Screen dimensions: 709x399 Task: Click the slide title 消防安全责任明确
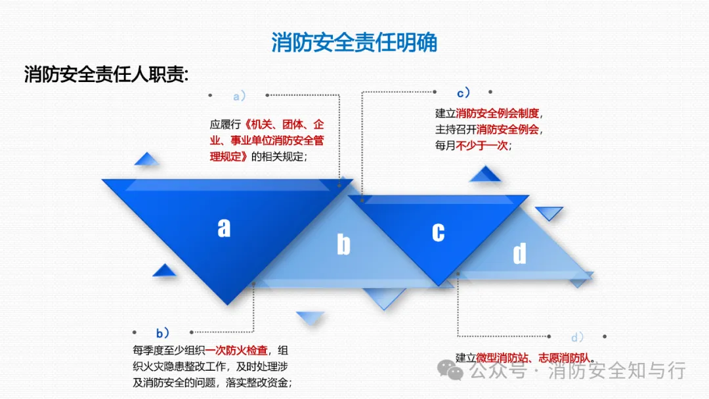click(x=354, y=43)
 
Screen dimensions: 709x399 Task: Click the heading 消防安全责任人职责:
click(x=106, y=74)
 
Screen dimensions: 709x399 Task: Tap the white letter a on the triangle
click(x=225, y=227)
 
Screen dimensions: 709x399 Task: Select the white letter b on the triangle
click(x=343, y=245)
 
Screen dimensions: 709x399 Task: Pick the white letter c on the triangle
click(x=438, y=232)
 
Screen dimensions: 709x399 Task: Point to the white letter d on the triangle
click(x=519, y=253)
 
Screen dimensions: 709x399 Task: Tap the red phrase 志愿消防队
click(x=564, y=358)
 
